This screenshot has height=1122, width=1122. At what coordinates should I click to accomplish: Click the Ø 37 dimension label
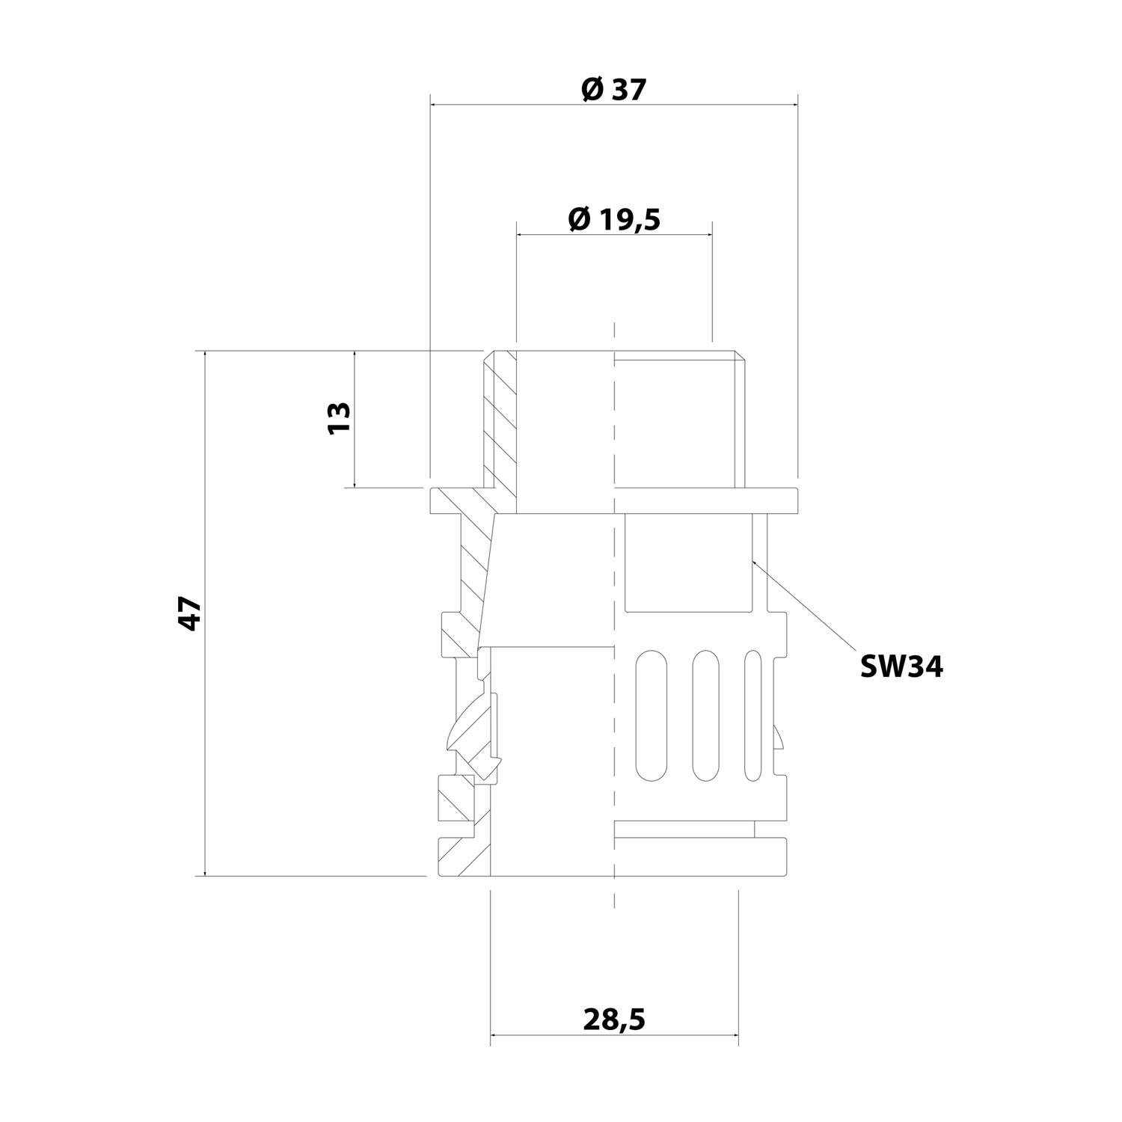click(613, 91)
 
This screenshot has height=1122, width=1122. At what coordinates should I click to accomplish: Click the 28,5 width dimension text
click(613, 1019)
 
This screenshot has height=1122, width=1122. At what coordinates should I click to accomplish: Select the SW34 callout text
click(901, 666)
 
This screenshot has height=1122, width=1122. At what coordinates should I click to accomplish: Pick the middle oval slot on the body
click(705, 716)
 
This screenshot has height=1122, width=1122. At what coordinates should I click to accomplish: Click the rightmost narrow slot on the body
click(752, 716)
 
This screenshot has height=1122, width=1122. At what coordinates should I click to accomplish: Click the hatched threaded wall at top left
click(499, 419)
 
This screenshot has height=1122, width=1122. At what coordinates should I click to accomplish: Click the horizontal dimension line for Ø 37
click(613, 105)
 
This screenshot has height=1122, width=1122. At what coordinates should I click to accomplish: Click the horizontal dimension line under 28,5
click(613, 1036)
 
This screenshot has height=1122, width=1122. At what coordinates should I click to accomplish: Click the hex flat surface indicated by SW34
click(688, 561)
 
